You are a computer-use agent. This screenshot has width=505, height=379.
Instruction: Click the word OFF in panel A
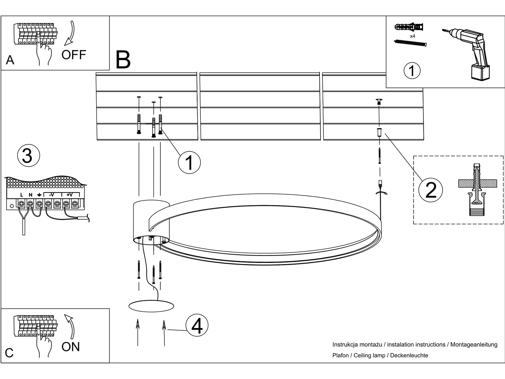pyautogui.click(x=74, y=55)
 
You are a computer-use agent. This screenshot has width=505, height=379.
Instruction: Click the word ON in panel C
pyautogui.click(x=70, y=347)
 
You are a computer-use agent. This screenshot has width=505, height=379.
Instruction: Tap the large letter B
pyautogui.click(x=123, y=60)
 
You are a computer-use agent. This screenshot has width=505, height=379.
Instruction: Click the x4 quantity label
pyautogui.click(x=412, y=36)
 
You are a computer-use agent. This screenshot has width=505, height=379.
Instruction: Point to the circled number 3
pyautogui.click(x=28, y=156)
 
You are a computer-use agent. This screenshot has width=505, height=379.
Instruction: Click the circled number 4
pyautogui.click(x=197, y=325)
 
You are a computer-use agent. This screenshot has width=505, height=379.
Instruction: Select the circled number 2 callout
pyautogui.click(x=431, y=190)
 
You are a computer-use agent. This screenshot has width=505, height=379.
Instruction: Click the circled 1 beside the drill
pyautogui.click(x=412, y=70)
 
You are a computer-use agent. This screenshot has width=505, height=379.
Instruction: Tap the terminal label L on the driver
pyautogui.click(x=21, y=195)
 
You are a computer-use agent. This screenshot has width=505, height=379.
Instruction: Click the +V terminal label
pyautogui.click(x=69, y=195)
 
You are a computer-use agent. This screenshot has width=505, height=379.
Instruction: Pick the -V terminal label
pyautogui.click(x=51, y=195)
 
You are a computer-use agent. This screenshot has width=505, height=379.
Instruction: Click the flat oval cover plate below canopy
pyautogui.click(x=151, y=306)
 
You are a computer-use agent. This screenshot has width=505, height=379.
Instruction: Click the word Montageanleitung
pyautogui.click(x=474, y=344)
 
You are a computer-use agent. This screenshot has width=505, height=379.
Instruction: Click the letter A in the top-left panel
pyautogui.click(x=10, y=60)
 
